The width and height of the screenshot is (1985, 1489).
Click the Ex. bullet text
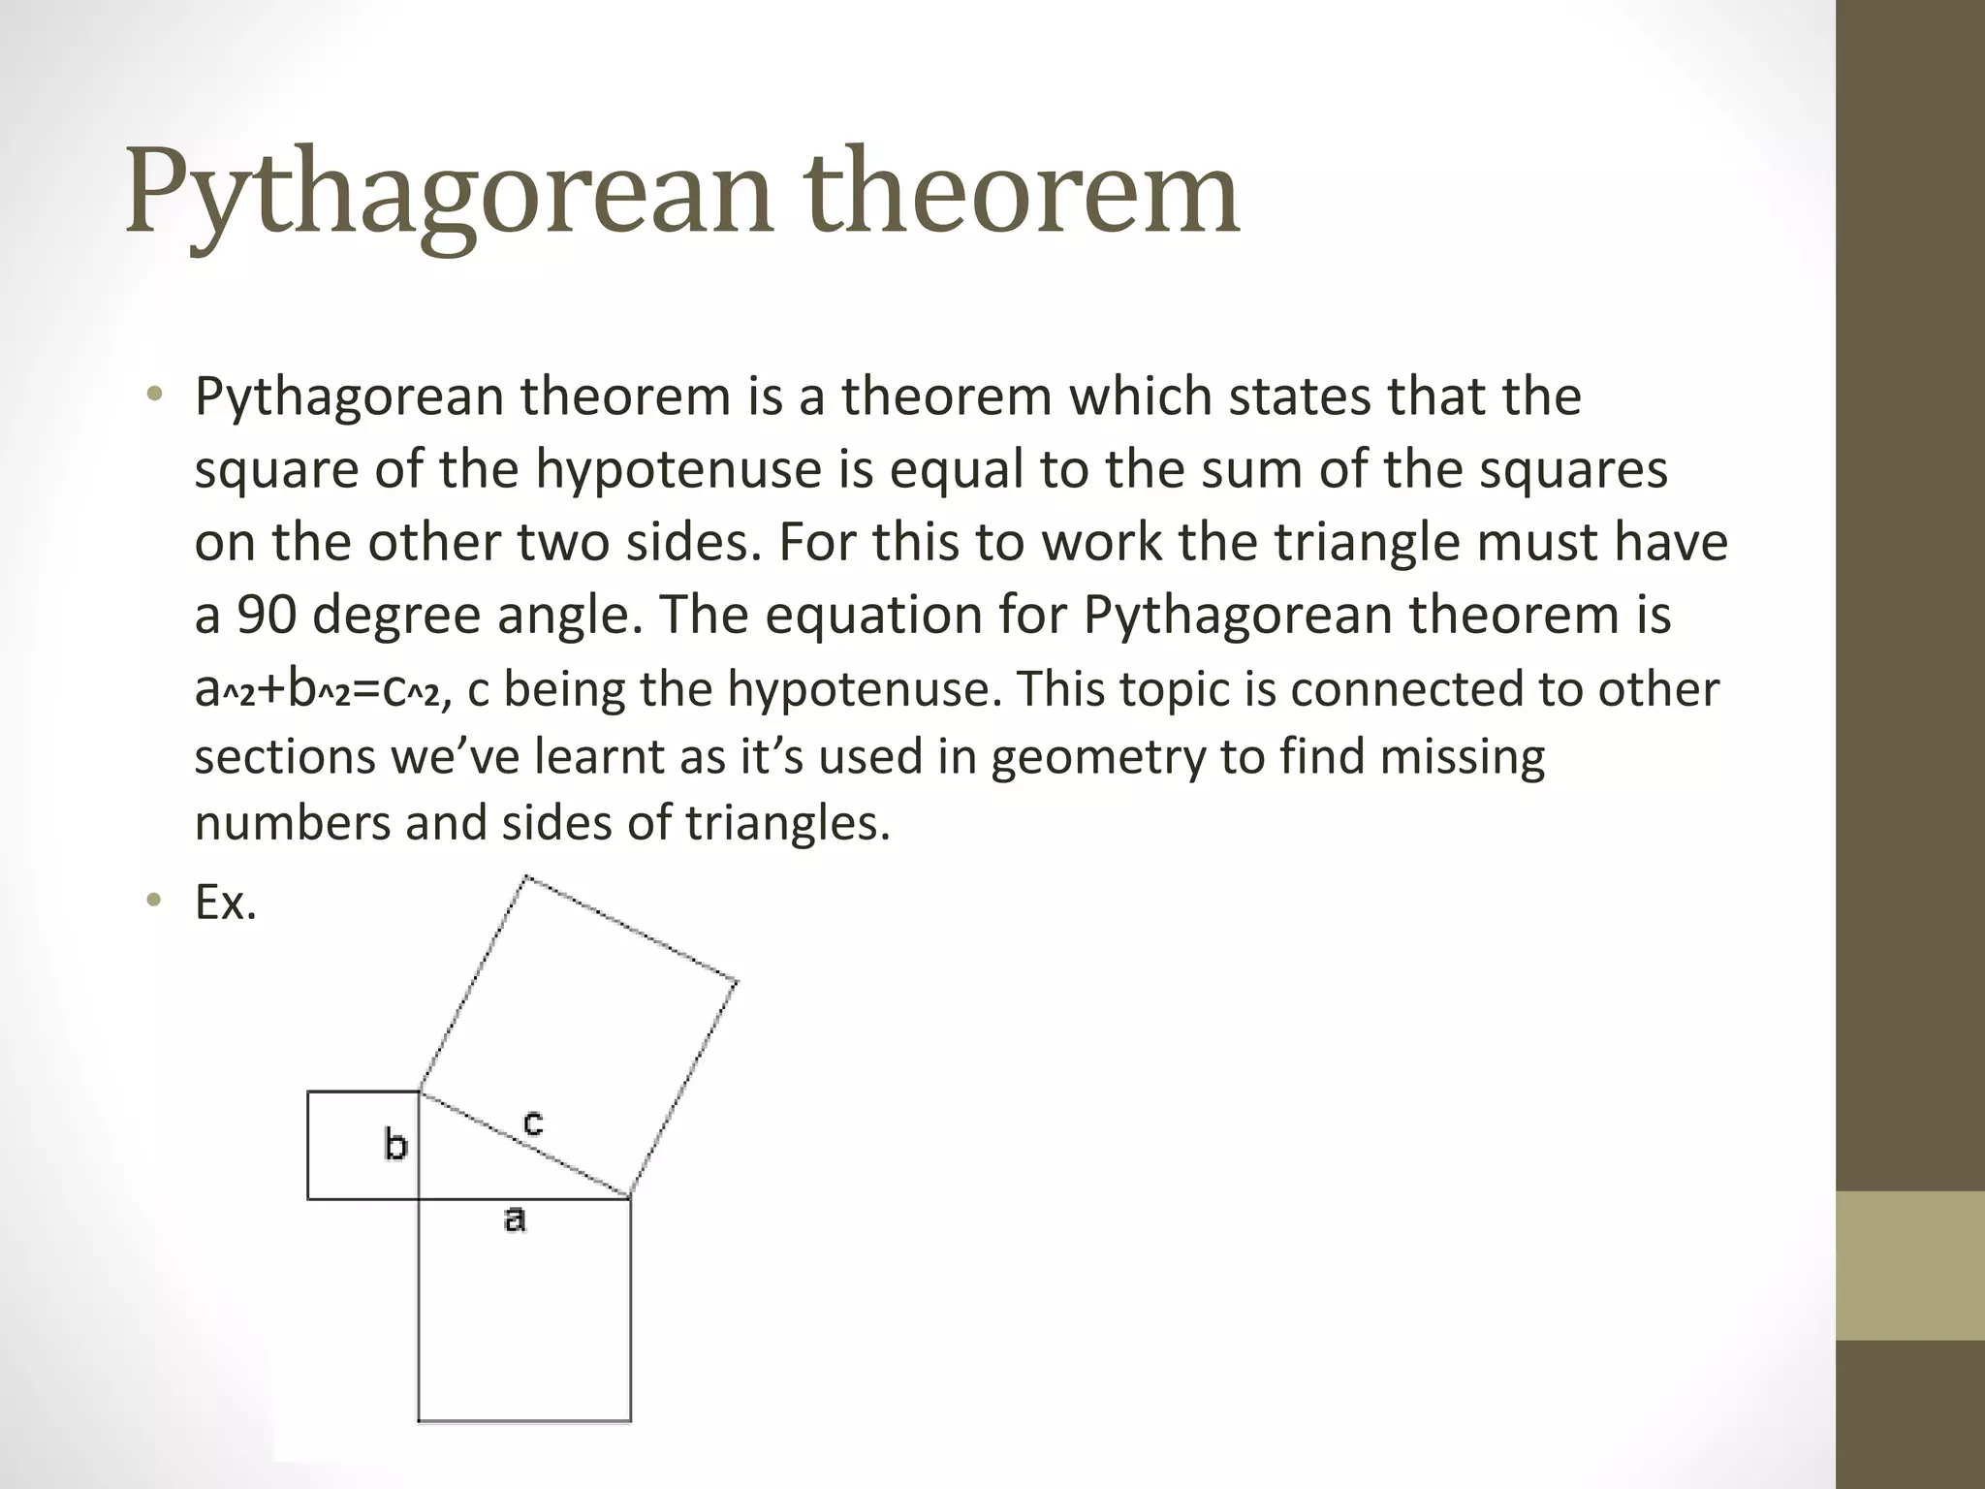(x=226, y=903)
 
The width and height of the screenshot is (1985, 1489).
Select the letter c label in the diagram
(x=532, y=1123)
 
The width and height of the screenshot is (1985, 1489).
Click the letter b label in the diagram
(x=395, y=1145)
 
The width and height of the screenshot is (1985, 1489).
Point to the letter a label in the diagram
(x=515, y=1219)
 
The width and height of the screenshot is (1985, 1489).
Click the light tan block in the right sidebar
(x=1909, y=1265)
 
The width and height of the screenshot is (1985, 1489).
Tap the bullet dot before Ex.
(x=153, y=903)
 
